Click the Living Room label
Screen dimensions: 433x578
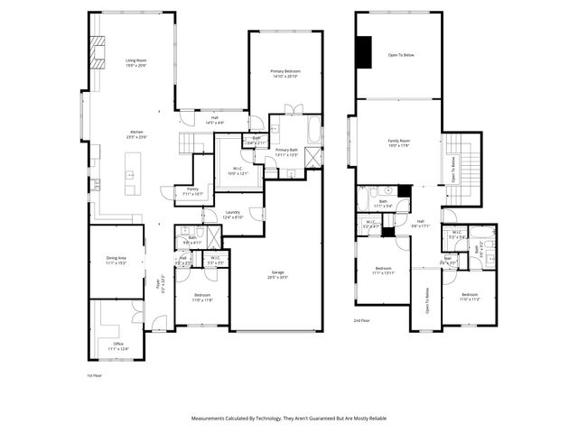[x=135, y=64]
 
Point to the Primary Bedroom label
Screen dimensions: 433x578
[x=285, y=73]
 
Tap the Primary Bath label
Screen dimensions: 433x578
[x=287, y=152]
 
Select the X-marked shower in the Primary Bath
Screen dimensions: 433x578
[x=312, y=157]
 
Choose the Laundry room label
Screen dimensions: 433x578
[x=234, y=215]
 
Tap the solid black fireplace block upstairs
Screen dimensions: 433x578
[x=364, y=51]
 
